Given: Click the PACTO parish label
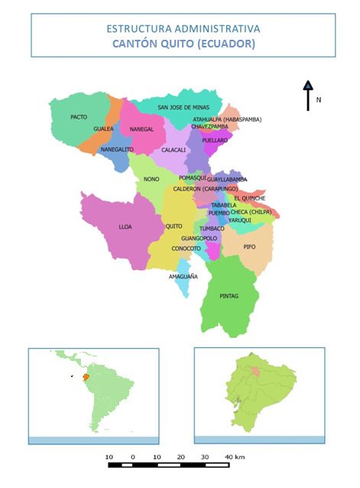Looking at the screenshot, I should pyautogui.click(x=78, y=117).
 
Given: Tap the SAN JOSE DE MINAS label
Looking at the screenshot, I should pyautogui.click(x=183, y=108).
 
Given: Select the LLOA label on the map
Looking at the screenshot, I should pyautogui.click(x=125, y=227).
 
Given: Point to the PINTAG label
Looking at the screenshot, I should pyautogui.click(x=229, y=296).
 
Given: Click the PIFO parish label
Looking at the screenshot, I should pyautogui.click(x=249, y=247).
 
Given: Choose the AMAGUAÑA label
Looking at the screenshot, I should pyautogui.click(x=183, y=276).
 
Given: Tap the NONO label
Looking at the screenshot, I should pyautogui.click(x=151, y=179).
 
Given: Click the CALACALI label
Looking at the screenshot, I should pyautogui.click(x=174, y=150).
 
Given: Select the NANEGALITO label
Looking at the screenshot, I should pyautogui.click(x=117, y=149).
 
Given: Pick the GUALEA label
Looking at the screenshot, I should pyautogui.click(x=103, y=129).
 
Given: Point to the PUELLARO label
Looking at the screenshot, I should pyautogui.click(x=215, y=141).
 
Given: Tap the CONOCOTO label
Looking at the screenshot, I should pyautogui.click(x=186, y=249).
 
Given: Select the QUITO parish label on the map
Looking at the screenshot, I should pyautogui.click(x=174, y=226).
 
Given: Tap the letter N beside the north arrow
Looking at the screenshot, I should pyautogui.click(x=319, y=100).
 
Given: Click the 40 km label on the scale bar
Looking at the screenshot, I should pyautogui.click(x=235, y=457).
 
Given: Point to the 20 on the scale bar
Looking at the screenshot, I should pyautogui.click(x=180, y=457).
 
